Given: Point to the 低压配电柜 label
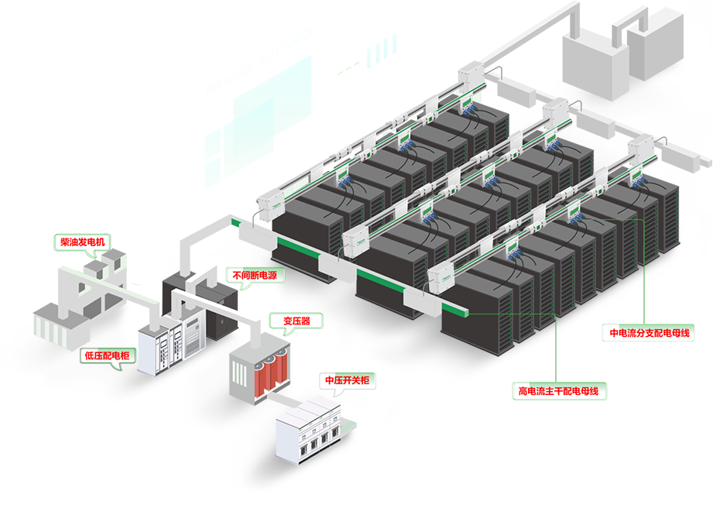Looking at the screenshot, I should coord(107,356).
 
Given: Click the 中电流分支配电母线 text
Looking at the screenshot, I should coord(650,334).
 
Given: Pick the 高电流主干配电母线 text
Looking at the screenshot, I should coord(557,392).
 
